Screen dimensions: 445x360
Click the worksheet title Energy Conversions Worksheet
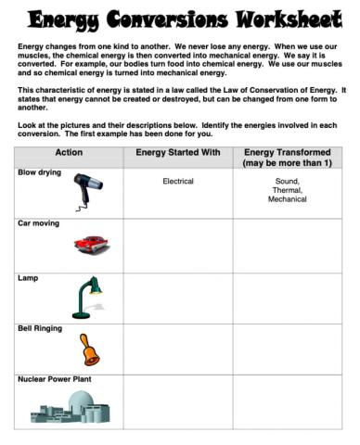180,19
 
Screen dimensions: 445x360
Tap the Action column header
69,152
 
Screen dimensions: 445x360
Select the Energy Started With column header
177,152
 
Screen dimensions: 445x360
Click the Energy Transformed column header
287,158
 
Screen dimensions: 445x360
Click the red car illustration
92,245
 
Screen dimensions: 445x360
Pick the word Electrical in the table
177,182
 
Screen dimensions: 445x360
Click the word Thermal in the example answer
287,190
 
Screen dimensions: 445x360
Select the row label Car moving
38,223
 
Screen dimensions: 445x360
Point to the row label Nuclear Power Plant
55,379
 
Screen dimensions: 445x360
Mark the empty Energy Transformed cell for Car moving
287,245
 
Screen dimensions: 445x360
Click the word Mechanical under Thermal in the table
287,199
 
